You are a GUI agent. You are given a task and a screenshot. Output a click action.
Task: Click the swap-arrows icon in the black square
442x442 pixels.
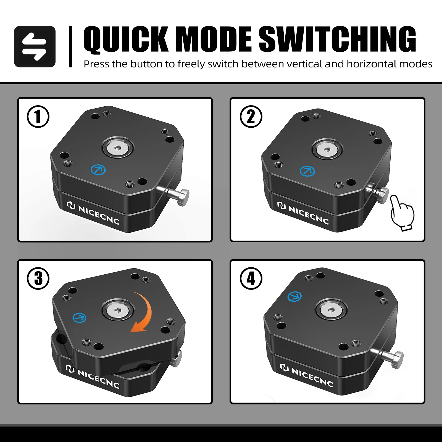[x=35, y=46]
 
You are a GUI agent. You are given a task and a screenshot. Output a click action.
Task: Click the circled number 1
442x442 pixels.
[x=38, y=117]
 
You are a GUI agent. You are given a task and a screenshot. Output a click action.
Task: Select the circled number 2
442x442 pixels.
[x=251, y=117]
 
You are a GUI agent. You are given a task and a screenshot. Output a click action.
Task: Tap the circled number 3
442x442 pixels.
[x=38, y=278]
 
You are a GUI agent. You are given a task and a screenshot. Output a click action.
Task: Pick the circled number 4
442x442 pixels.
[x=251, y=278]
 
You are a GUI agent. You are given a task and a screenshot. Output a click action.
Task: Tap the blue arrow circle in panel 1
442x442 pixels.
[x=98, y=169]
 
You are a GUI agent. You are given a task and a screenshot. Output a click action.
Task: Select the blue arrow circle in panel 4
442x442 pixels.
[x=294, y=296]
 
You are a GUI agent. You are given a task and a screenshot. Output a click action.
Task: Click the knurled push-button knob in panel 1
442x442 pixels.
[x=183, y=197]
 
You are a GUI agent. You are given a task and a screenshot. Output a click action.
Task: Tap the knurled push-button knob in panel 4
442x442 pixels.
[x=397, y=359]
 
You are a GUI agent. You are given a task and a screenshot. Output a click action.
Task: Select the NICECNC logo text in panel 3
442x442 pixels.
[x=93, y=377]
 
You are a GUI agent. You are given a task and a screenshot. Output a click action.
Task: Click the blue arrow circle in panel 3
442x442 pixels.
[x=79, y=318]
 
